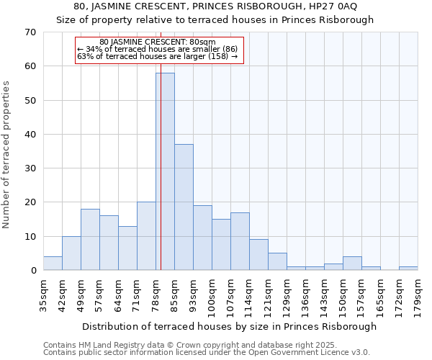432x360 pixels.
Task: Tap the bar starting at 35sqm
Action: point(53,264)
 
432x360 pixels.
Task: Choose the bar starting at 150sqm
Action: point(352,264)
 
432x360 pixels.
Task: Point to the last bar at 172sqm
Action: point(408,269)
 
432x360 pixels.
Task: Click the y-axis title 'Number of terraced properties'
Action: point(6,155)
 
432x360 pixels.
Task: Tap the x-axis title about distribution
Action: point(230,326)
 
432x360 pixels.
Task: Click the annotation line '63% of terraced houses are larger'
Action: point(157,56)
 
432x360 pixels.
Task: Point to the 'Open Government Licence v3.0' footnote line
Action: point(207,352)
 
